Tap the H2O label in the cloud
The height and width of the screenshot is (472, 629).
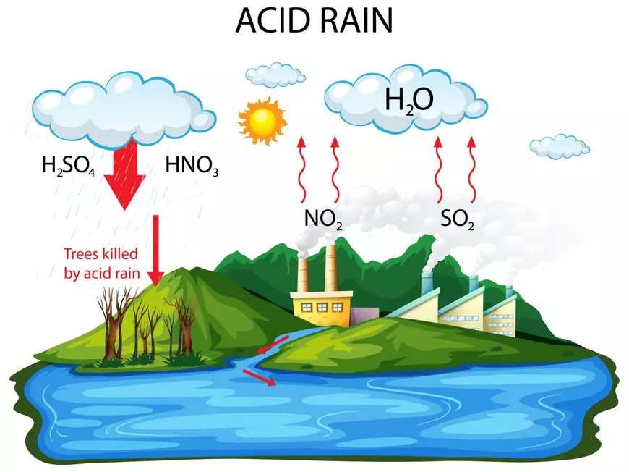408,100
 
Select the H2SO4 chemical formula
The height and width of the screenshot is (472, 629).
68,167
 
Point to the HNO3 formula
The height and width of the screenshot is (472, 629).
192,167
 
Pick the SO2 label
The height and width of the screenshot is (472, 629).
457,219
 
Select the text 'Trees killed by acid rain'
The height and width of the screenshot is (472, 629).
101,264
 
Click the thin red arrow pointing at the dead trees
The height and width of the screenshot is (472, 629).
155,250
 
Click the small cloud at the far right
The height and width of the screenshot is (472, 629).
559,146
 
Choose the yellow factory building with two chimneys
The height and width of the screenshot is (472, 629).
322,304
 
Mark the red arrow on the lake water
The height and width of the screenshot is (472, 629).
259,377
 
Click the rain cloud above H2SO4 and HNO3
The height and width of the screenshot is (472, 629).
126,109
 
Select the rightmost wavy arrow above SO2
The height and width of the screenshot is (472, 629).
472,170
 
